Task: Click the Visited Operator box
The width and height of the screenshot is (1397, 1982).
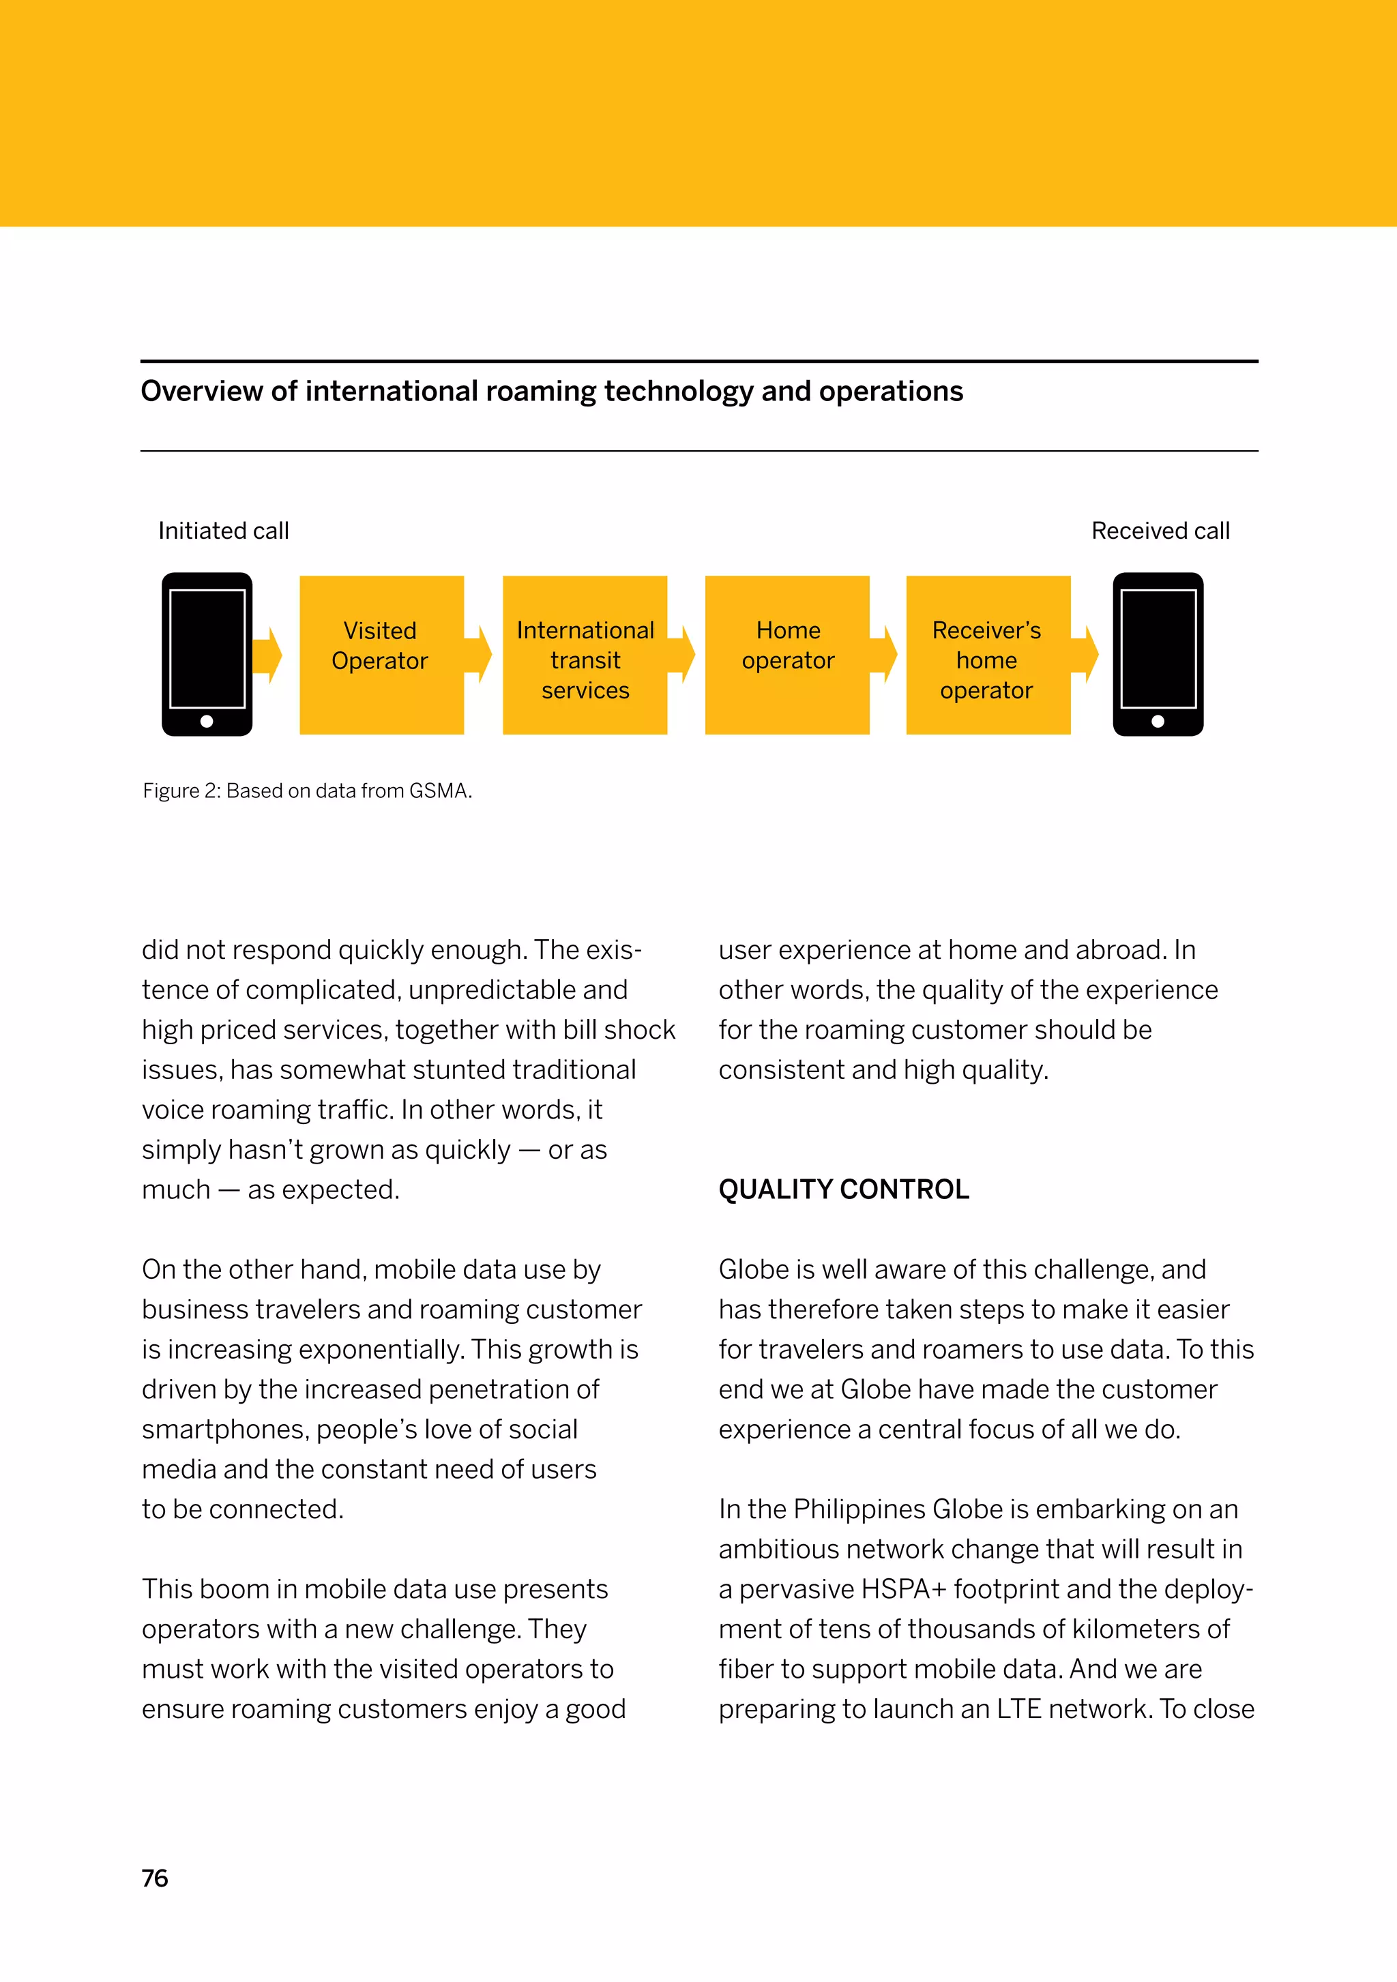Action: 381,654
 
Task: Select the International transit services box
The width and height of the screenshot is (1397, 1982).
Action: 585,654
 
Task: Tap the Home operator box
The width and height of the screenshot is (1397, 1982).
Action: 786,654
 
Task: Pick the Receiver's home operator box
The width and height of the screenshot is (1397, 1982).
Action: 988,654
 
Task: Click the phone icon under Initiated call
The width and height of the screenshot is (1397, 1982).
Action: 207,653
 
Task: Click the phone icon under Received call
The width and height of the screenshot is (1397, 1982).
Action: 1158,653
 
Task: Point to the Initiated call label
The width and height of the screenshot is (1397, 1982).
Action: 224,531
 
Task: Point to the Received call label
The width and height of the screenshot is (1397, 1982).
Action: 1160,531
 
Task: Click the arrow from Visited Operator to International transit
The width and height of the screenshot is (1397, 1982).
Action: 480,654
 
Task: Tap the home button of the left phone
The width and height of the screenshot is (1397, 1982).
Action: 207,721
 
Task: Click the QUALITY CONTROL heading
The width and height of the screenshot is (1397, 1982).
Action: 844,1189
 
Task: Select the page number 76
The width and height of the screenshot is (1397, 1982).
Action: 155,1878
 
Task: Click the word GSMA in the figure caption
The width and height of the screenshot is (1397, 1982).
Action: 439,790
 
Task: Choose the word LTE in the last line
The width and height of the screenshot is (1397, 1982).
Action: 1019,1709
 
